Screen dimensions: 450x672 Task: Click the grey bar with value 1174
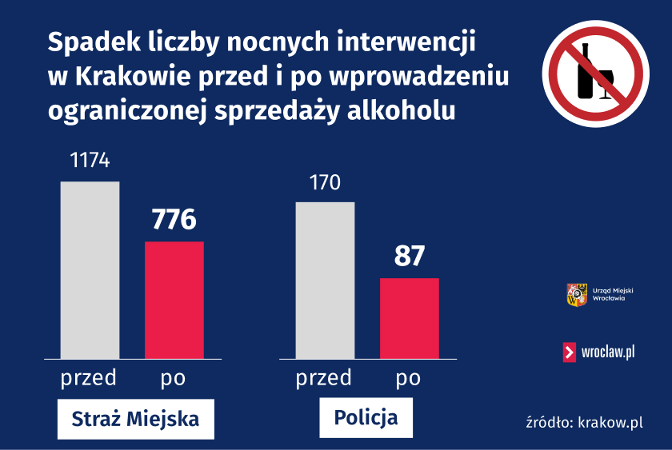click(90, 270)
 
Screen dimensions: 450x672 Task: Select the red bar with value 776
click(174, 300)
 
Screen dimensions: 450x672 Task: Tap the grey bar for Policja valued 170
click(325, 280)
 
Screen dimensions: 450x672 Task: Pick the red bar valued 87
click(409, 318)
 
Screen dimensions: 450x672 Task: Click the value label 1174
click(90, 161)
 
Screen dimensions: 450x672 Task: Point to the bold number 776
click(174, 218)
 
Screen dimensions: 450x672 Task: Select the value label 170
click(325, 182)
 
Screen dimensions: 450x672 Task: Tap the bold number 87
click(409, 256)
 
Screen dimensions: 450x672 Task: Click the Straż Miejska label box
click(135, 419)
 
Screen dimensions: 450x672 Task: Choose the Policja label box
click(366, 417)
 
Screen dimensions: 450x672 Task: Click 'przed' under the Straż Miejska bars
click(89, 377)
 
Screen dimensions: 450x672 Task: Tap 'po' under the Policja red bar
click(408, 377)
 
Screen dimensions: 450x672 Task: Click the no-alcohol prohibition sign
click(596, 74)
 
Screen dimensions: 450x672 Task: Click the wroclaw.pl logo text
click(609, 352)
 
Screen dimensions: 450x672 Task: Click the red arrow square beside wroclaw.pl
click(570, 352)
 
